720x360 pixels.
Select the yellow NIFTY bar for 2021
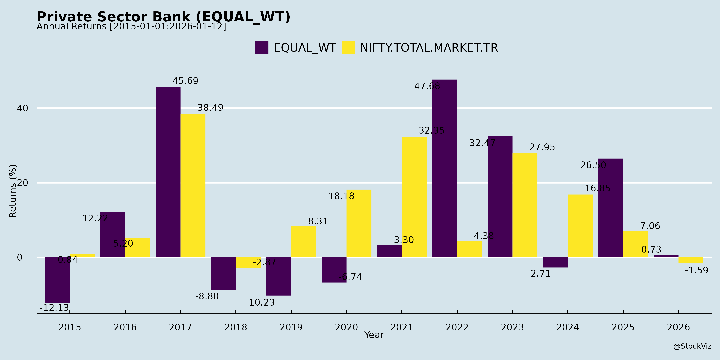click(414, 197)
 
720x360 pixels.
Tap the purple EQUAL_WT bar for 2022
click(444, 168)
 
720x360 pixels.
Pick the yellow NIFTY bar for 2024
click(580, 226)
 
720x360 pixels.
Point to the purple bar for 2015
click(57, 280)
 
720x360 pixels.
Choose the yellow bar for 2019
click(304, 242)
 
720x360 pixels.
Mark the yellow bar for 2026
click(691, 260)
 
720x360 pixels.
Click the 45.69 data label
click(185, 81)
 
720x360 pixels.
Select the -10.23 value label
click(260, 302)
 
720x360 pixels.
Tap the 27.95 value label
click(542, 147)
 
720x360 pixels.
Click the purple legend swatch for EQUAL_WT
click(262, 48)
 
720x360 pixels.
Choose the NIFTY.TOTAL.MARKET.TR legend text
click(429, 48)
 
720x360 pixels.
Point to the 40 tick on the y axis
click(22, 108)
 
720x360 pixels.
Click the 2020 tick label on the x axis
click(346, 327)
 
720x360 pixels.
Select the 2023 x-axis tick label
click(512, 327)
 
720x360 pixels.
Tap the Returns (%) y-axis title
click(13, 191)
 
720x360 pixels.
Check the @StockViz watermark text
click(692, 346)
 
